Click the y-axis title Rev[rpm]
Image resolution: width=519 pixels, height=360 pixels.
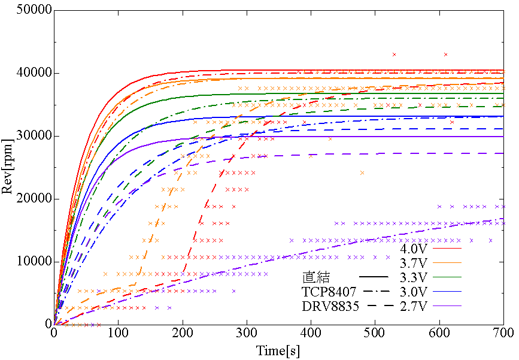(8, 168)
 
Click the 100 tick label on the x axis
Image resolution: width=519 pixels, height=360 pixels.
(118, 333)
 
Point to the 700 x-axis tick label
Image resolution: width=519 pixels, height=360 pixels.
(502, 333)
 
